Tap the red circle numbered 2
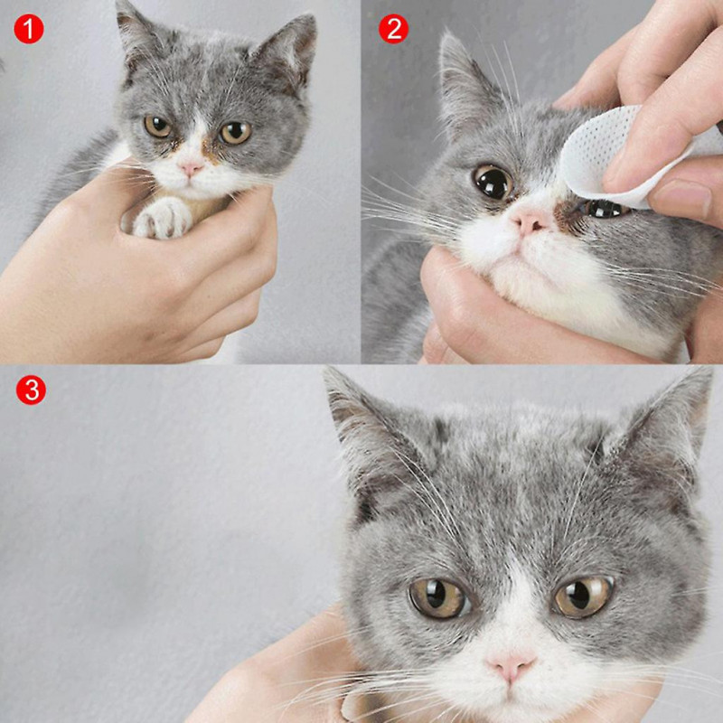tap(392, 29)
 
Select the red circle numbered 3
tap(31, 390)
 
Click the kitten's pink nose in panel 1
tap(191, 168)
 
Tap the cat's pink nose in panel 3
tap(511, 667)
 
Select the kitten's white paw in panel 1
tap(163, 217)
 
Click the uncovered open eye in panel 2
tap(493, 182)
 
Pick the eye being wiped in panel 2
tap(604, 209)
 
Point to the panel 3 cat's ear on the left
tap(361, 425)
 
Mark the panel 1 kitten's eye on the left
tap(158, 127)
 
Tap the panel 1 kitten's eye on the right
tap(235, 133)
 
